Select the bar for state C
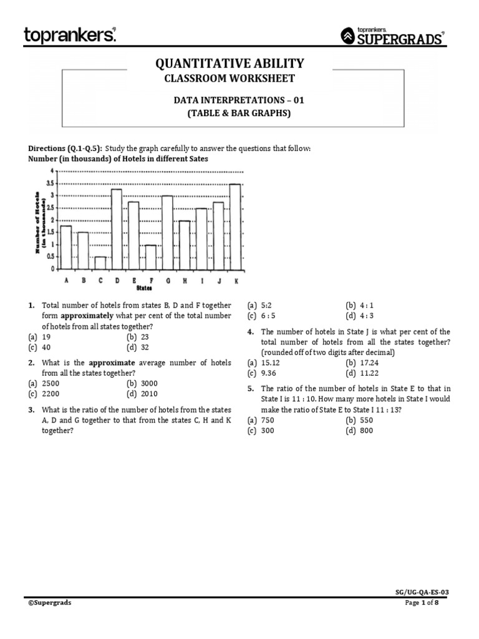point(100,263)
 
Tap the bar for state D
point(117,229)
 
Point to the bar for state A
point(65,247)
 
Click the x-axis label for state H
point(185,281)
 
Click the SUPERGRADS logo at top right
point(394,37)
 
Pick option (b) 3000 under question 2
point(142,383)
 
